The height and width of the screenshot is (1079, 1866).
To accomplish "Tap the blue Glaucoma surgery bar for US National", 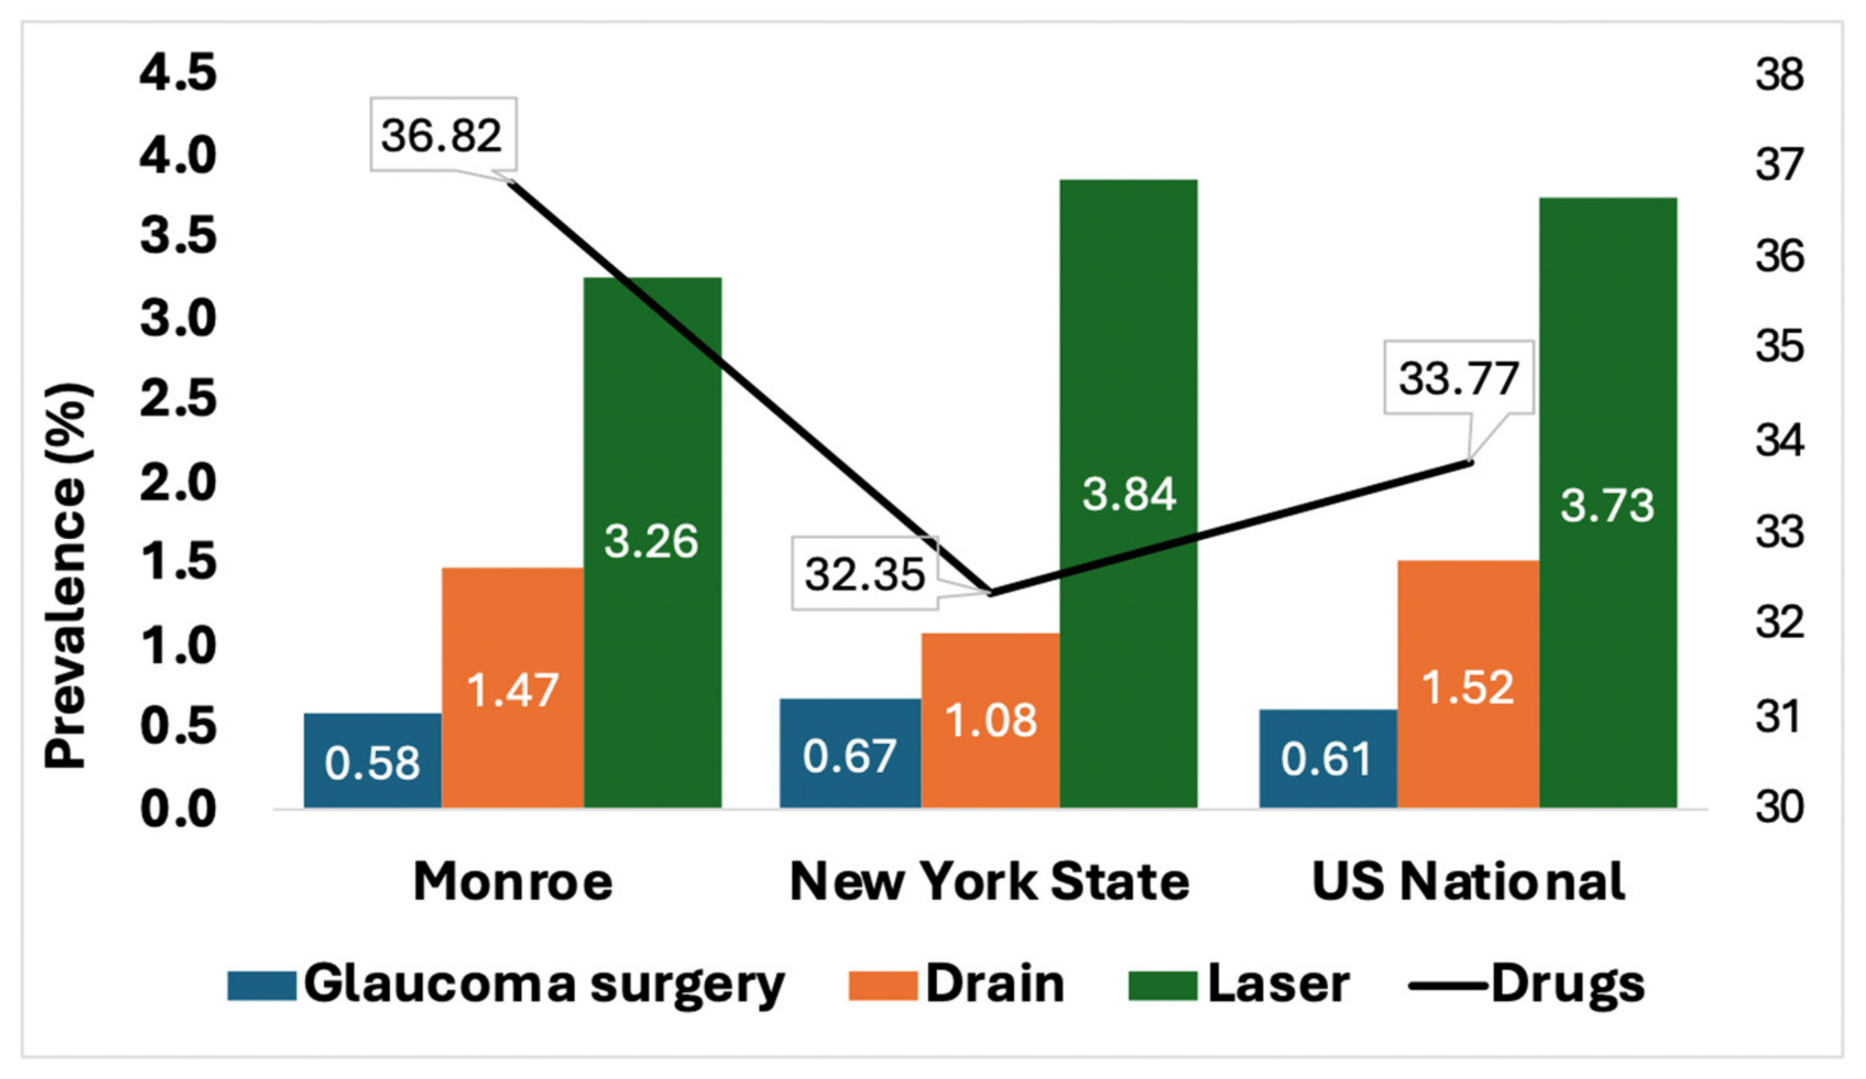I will click(1328, 758).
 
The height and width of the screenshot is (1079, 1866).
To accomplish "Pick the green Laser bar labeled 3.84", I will click(1129, 493).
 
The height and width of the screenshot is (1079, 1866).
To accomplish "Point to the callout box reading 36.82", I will click(443, 135).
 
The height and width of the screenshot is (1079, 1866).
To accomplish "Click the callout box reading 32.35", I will click(864, 574).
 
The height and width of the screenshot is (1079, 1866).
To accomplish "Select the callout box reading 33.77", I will click(1458, 378).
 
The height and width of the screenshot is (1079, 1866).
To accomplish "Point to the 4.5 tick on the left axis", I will click(178, 73).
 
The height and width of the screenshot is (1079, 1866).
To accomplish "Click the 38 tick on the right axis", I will click(1779, 75).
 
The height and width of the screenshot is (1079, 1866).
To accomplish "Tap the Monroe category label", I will click(513, 882).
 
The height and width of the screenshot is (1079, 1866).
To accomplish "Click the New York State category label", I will click(989, 882).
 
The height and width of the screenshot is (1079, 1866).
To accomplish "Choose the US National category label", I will click(1468, 882).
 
